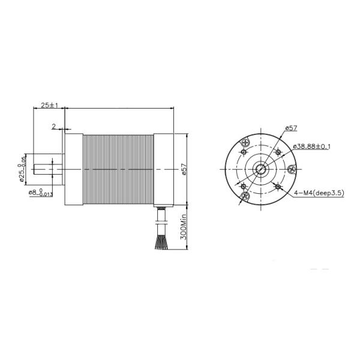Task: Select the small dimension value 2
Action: [54, 127]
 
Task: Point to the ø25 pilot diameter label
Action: [22, 169]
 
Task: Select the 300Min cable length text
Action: [185, 226]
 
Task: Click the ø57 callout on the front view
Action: [290, 128]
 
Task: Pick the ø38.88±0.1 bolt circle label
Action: [311, 146]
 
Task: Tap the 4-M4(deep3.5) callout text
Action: [319, 193]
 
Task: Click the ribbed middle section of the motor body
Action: [118, 169]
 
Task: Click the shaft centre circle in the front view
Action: [261, 169]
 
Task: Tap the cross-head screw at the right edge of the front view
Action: [292, 169]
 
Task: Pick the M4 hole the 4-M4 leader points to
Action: [278, 187]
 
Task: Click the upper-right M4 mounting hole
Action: [278, 152]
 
